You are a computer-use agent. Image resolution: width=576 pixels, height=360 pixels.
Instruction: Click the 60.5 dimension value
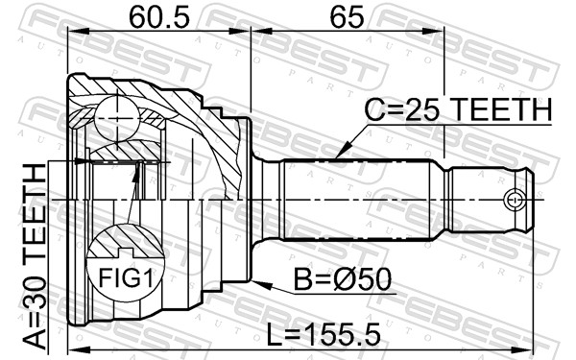pyautogui.click(x=159, y=17)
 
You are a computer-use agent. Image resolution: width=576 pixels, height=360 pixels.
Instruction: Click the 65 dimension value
pyautogui.click(x=347, y=17)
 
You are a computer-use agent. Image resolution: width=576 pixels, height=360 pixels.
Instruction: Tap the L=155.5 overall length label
pyautogui.click(x=324, y=335)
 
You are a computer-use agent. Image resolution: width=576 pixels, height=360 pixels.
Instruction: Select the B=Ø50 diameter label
pyautogui.click(x=343, y=279)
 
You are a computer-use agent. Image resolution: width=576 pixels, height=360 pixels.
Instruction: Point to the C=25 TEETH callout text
pyautogui.click(x=458, y=109)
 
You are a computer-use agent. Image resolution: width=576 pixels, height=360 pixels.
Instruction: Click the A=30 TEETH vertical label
pyautogui.click(x=36, y=256)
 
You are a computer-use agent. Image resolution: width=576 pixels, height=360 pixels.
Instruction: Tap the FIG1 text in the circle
pyautogui.click(x=125, y=277)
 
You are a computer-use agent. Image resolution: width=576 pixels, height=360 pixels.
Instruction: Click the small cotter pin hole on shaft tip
pyautogui.click(x=514, y=200)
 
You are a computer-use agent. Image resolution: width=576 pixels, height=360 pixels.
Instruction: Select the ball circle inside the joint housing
pyautogui.click(x=117, y=118)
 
